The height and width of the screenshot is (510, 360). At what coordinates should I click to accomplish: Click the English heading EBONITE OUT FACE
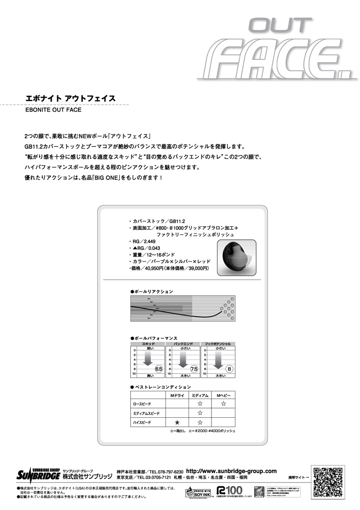(x=54, y=110)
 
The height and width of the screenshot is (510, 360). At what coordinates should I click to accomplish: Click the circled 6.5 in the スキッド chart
(x=158, y=369)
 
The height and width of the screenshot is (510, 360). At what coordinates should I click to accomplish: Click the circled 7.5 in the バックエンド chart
(x=194, y=369)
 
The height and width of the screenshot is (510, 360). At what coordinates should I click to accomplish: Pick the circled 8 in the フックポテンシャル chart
(x=229, y=369)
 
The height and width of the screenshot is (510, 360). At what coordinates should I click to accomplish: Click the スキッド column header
(x=148, y=344)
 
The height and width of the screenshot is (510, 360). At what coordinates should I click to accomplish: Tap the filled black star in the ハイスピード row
(x=177, y=422)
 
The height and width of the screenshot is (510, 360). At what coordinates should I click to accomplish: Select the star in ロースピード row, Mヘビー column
(x=224, y=404)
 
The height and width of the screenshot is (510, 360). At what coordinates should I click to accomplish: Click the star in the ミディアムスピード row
(x=200, y=413)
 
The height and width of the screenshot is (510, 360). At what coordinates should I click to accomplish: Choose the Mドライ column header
(x=177, y=395)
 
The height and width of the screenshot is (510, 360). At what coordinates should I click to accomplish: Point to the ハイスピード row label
(x=142, y=422)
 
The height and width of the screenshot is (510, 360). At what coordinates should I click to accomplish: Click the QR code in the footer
(x=328, y=482)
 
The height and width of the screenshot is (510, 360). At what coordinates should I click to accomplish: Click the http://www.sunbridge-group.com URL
(x=231, y=470)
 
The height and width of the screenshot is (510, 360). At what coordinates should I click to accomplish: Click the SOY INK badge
(x=198, y=492)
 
